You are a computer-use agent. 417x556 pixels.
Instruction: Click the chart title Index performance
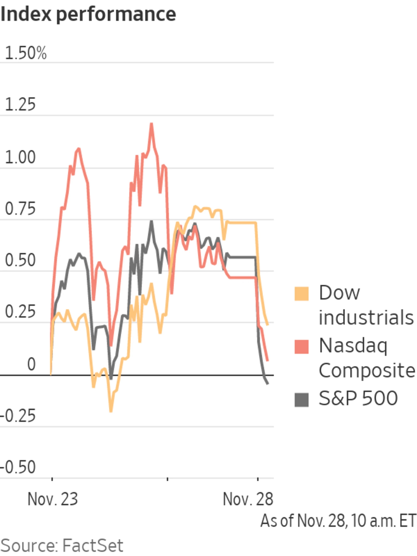[x=88, y=14]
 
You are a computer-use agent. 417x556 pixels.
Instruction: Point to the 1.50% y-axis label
[x=26, y=53]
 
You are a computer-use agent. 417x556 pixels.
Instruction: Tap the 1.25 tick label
[x=20, y=105]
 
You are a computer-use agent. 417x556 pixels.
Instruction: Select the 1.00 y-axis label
[x=20, y=158]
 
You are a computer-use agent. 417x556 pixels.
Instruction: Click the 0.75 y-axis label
[x=20, y=209]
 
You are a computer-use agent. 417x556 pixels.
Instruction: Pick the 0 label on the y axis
[x=31, y=364]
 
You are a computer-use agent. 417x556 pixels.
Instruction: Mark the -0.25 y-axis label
[x=18, y=416]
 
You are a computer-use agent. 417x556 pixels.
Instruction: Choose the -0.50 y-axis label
[x=18, y=468]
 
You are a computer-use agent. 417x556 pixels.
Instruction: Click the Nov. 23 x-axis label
[x=53, y=499]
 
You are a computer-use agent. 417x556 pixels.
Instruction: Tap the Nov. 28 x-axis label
[x=248, y=499]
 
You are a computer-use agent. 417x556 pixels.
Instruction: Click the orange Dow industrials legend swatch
[x=301, y=294]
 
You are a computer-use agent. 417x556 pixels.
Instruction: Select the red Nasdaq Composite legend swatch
[x=301, y=347]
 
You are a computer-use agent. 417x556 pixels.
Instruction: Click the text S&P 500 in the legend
[x=358, y=398]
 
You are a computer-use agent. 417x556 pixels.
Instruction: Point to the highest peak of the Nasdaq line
[x=151, y=123]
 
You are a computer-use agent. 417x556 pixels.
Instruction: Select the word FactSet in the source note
[x=93, y=545]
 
